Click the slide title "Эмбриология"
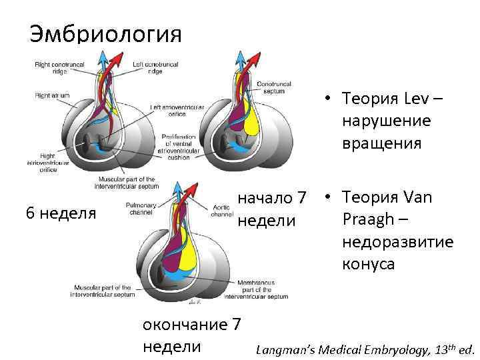tap(105, 33)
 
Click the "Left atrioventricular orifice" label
tap(171, 110)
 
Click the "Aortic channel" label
tap(221, 211)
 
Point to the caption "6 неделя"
tap(61, 213)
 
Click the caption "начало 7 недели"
tap(272, 209)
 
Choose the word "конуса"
tap(369, 264)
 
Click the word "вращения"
tap(380, 144)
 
